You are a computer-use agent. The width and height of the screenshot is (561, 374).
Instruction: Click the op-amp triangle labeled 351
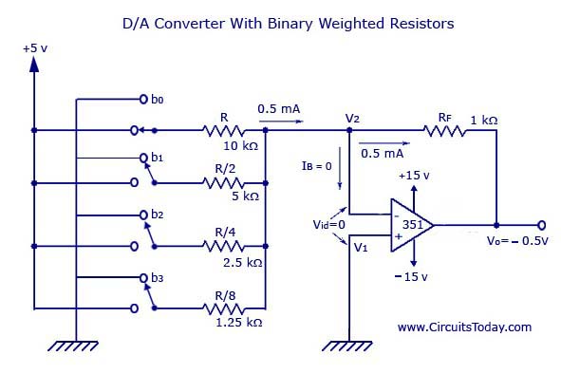tap(411, 225)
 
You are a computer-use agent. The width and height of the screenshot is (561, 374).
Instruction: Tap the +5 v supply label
tap(35, 48)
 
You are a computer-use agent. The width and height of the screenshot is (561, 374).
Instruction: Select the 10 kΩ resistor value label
tap(240, 145)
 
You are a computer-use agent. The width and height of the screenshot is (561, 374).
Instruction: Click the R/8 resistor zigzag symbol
tap(224, 309)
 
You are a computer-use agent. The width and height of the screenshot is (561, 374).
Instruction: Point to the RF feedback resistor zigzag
tap(445, 131)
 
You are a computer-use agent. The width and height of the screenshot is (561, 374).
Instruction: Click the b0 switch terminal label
tap(157, 99)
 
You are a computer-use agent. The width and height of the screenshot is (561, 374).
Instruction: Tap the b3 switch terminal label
tap(157, 278)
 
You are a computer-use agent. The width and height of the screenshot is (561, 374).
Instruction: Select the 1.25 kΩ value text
tap(239, 322)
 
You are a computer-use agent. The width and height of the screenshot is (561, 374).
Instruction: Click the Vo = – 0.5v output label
tap(517, 240)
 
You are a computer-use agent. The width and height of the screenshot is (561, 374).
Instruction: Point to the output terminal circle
tap(542, 225)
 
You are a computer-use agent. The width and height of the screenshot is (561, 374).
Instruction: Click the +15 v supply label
tap(414, 176)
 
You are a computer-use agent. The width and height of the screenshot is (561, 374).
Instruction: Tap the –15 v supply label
tap(411, 276)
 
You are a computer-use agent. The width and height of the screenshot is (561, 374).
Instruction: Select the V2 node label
tap(352, 118)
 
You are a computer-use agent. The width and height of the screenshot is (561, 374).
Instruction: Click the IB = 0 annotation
tap(317, 166)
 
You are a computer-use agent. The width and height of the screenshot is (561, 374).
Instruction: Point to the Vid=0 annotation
tap(328, 224)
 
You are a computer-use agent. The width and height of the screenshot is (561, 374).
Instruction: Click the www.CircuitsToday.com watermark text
tap(464, 327)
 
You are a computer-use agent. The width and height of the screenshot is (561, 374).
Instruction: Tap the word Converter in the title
tap(190, 24)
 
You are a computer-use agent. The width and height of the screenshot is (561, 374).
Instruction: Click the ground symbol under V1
tap(347, 346)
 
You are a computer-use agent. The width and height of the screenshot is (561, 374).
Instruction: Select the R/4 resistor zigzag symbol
tap(224, 246)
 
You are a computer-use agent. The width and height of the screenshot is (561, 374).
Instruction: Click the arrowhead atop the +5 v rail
tap(34, 65)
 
